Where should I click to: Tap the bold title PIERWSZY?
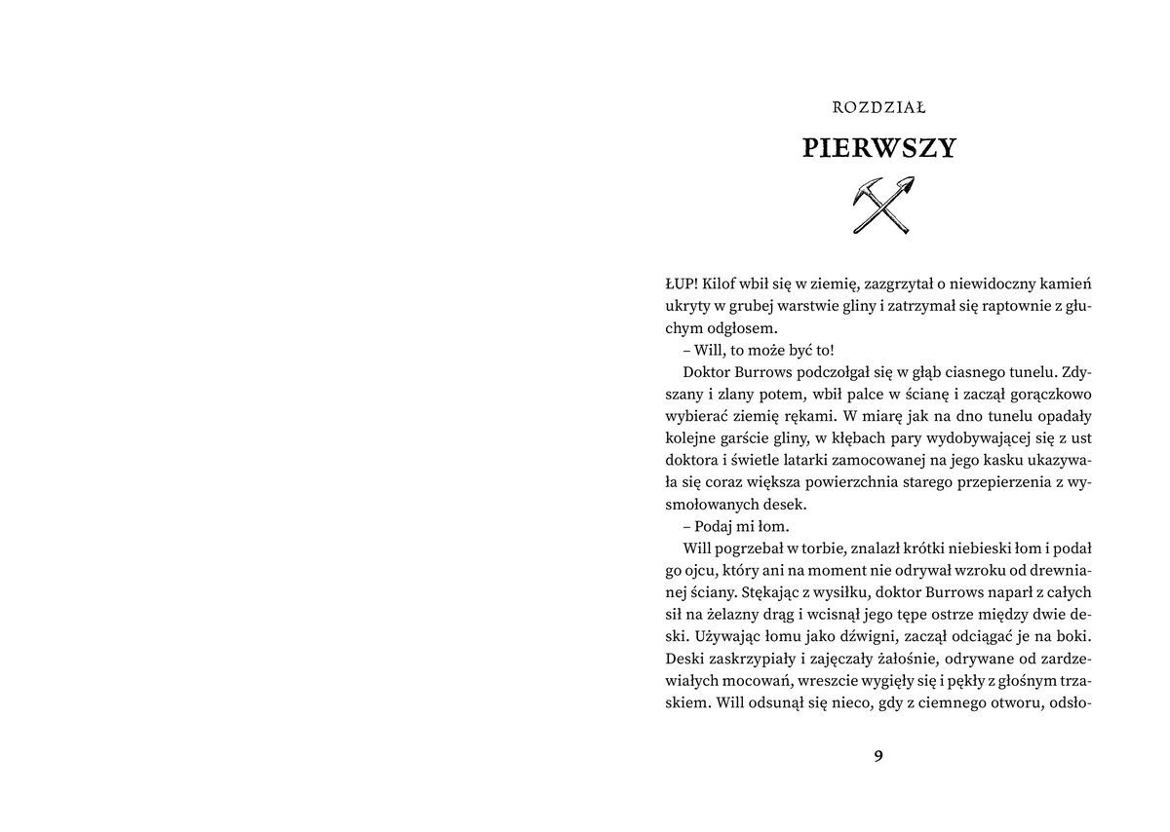point(879,148)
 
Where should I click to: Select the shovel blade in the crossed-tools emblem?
point(906,184)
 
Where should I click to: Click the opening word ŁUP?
point(679,283)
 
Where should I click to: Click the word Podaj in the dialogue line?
point(715,526)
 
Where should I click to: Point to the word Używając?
point(714,635)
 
